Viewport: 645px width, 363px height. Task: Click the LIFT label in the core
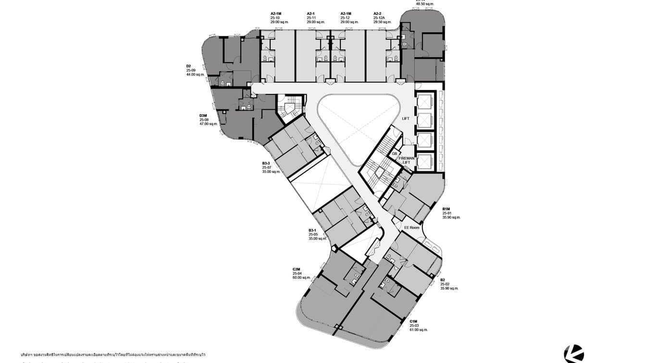(406, 118)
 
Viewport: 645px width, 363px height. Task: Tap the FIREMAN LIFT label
(407, 160)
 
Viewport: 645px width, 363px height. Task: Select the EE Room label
(411, 228)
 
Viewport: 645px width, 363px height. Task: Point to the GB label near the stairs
(394, 154)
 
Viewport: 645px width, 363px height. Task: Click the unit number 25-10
(275, 18)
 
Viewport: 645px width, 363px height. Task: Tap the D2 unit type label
(189, 66)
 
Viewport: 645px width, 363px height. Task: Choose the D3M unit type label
(203, 116)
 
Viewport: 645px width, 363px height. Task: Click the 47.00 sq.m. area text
(209, 124)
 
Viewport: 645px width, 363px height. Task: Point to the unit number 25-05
(313, 234)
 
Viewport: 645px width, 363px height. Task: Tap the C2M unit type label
(296, 269)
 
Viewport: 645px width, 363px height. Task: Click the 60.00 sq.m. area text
(302, 277)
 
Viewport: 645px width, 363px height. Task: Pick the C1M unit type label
(413, 321)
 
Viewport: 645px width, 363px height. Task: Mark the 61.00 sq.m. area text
(419, 330)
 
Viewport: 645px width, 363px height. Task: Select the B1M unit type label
(446, 209)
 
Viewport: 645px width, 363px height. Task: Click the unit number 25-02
(445, 284)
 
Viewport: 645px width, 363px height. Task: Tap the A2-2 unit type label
(378, 13)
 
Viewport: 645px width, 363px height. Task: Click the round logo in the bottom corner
(574, 354)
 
